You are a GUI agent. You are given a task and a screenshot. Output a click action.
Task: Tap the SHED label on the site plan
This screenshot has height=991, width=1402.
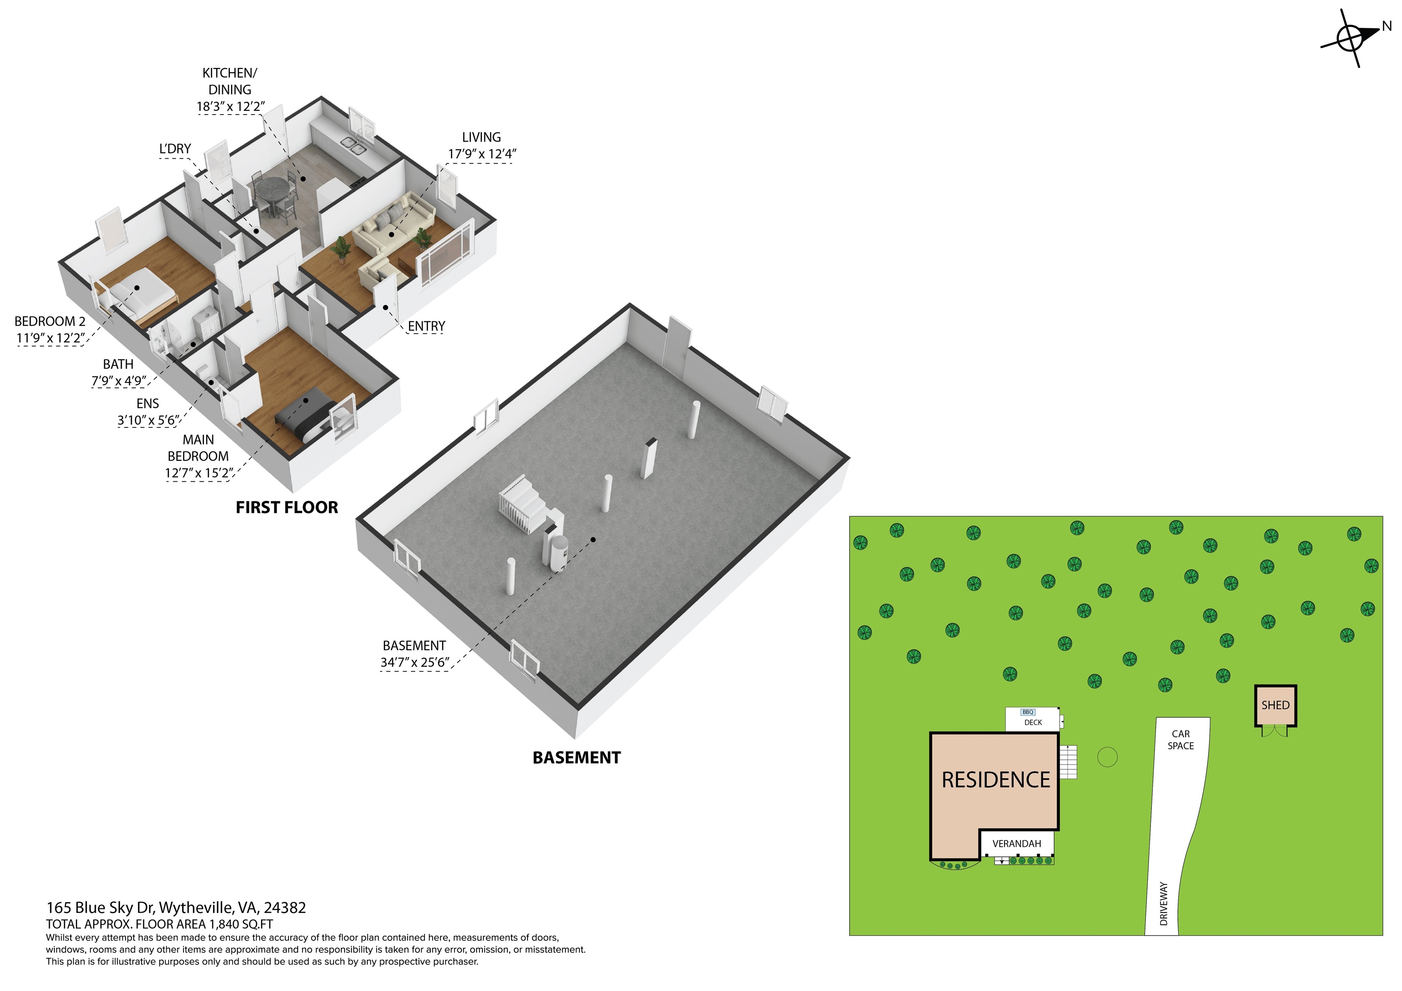[1275, 705]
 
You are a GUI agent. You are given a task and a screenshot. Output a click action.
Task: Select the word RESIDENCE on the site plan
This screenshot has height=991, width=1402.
[995, 780]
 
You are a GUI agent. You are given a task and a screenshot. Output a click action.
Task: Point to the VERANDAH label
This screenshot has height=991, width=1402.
[1017, 844]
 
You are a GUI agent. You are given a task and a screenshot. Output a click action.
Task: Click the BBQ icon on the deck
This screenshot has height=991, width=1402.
[1028, 712]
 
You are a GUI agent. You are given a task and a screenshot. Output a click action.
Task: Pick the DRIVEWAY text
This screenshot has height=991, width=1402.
[1163, 904]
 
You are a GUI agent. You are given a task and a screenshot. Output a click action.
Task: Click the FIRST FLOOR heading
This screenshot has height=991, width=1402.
[287, 507]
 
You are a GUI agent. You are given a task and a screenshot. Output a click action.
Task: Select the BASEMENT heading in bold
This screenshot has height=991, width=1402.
[576, 758]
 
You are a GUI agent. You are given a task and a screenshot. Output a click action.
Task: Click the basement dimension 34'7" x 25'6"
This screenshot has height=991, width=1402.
[414, 662]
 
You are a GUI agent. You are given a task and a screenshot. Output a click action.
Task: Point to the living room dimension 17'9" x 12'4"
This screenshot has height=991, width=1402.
[482, 154]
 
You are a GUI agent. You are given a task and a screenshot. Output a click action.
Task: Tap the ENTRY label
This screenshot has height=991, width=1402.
[426, 326]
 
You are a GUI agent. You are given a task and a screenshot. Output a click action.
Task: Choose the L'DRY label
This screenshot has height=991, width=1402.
[175, 149]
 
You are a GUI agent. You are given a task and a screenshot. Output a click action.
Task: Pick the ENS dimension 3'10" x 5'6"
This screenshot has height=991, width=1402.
[148, 421]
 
